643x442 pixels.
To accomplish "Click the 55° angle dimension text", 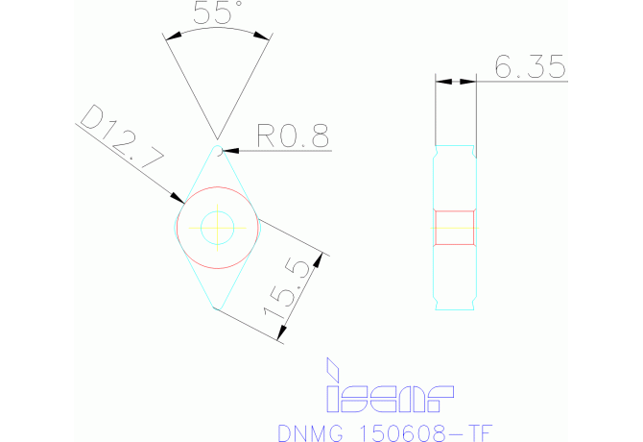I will click(217, 14).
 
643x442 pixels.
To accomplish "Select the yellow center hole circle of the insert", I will click(219, 227).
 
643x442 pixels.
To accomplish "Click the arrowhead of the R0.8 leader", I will click(227, 151).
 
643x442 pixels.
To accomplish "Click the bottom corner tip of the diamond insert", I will click(220, 309).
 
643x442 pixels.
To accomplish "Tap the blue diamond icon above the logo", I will click(333, 367).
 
